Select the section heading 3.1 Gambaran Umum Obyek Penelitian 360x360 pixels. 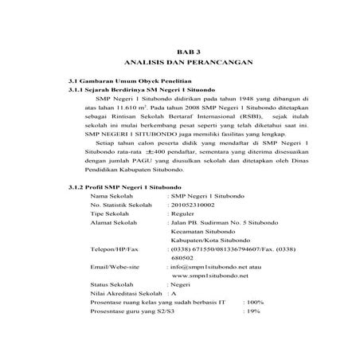pyautogui.click(x=129, y=83)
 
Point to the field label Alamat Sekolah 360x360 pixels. pyautogui.click(x=116, y=246)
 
